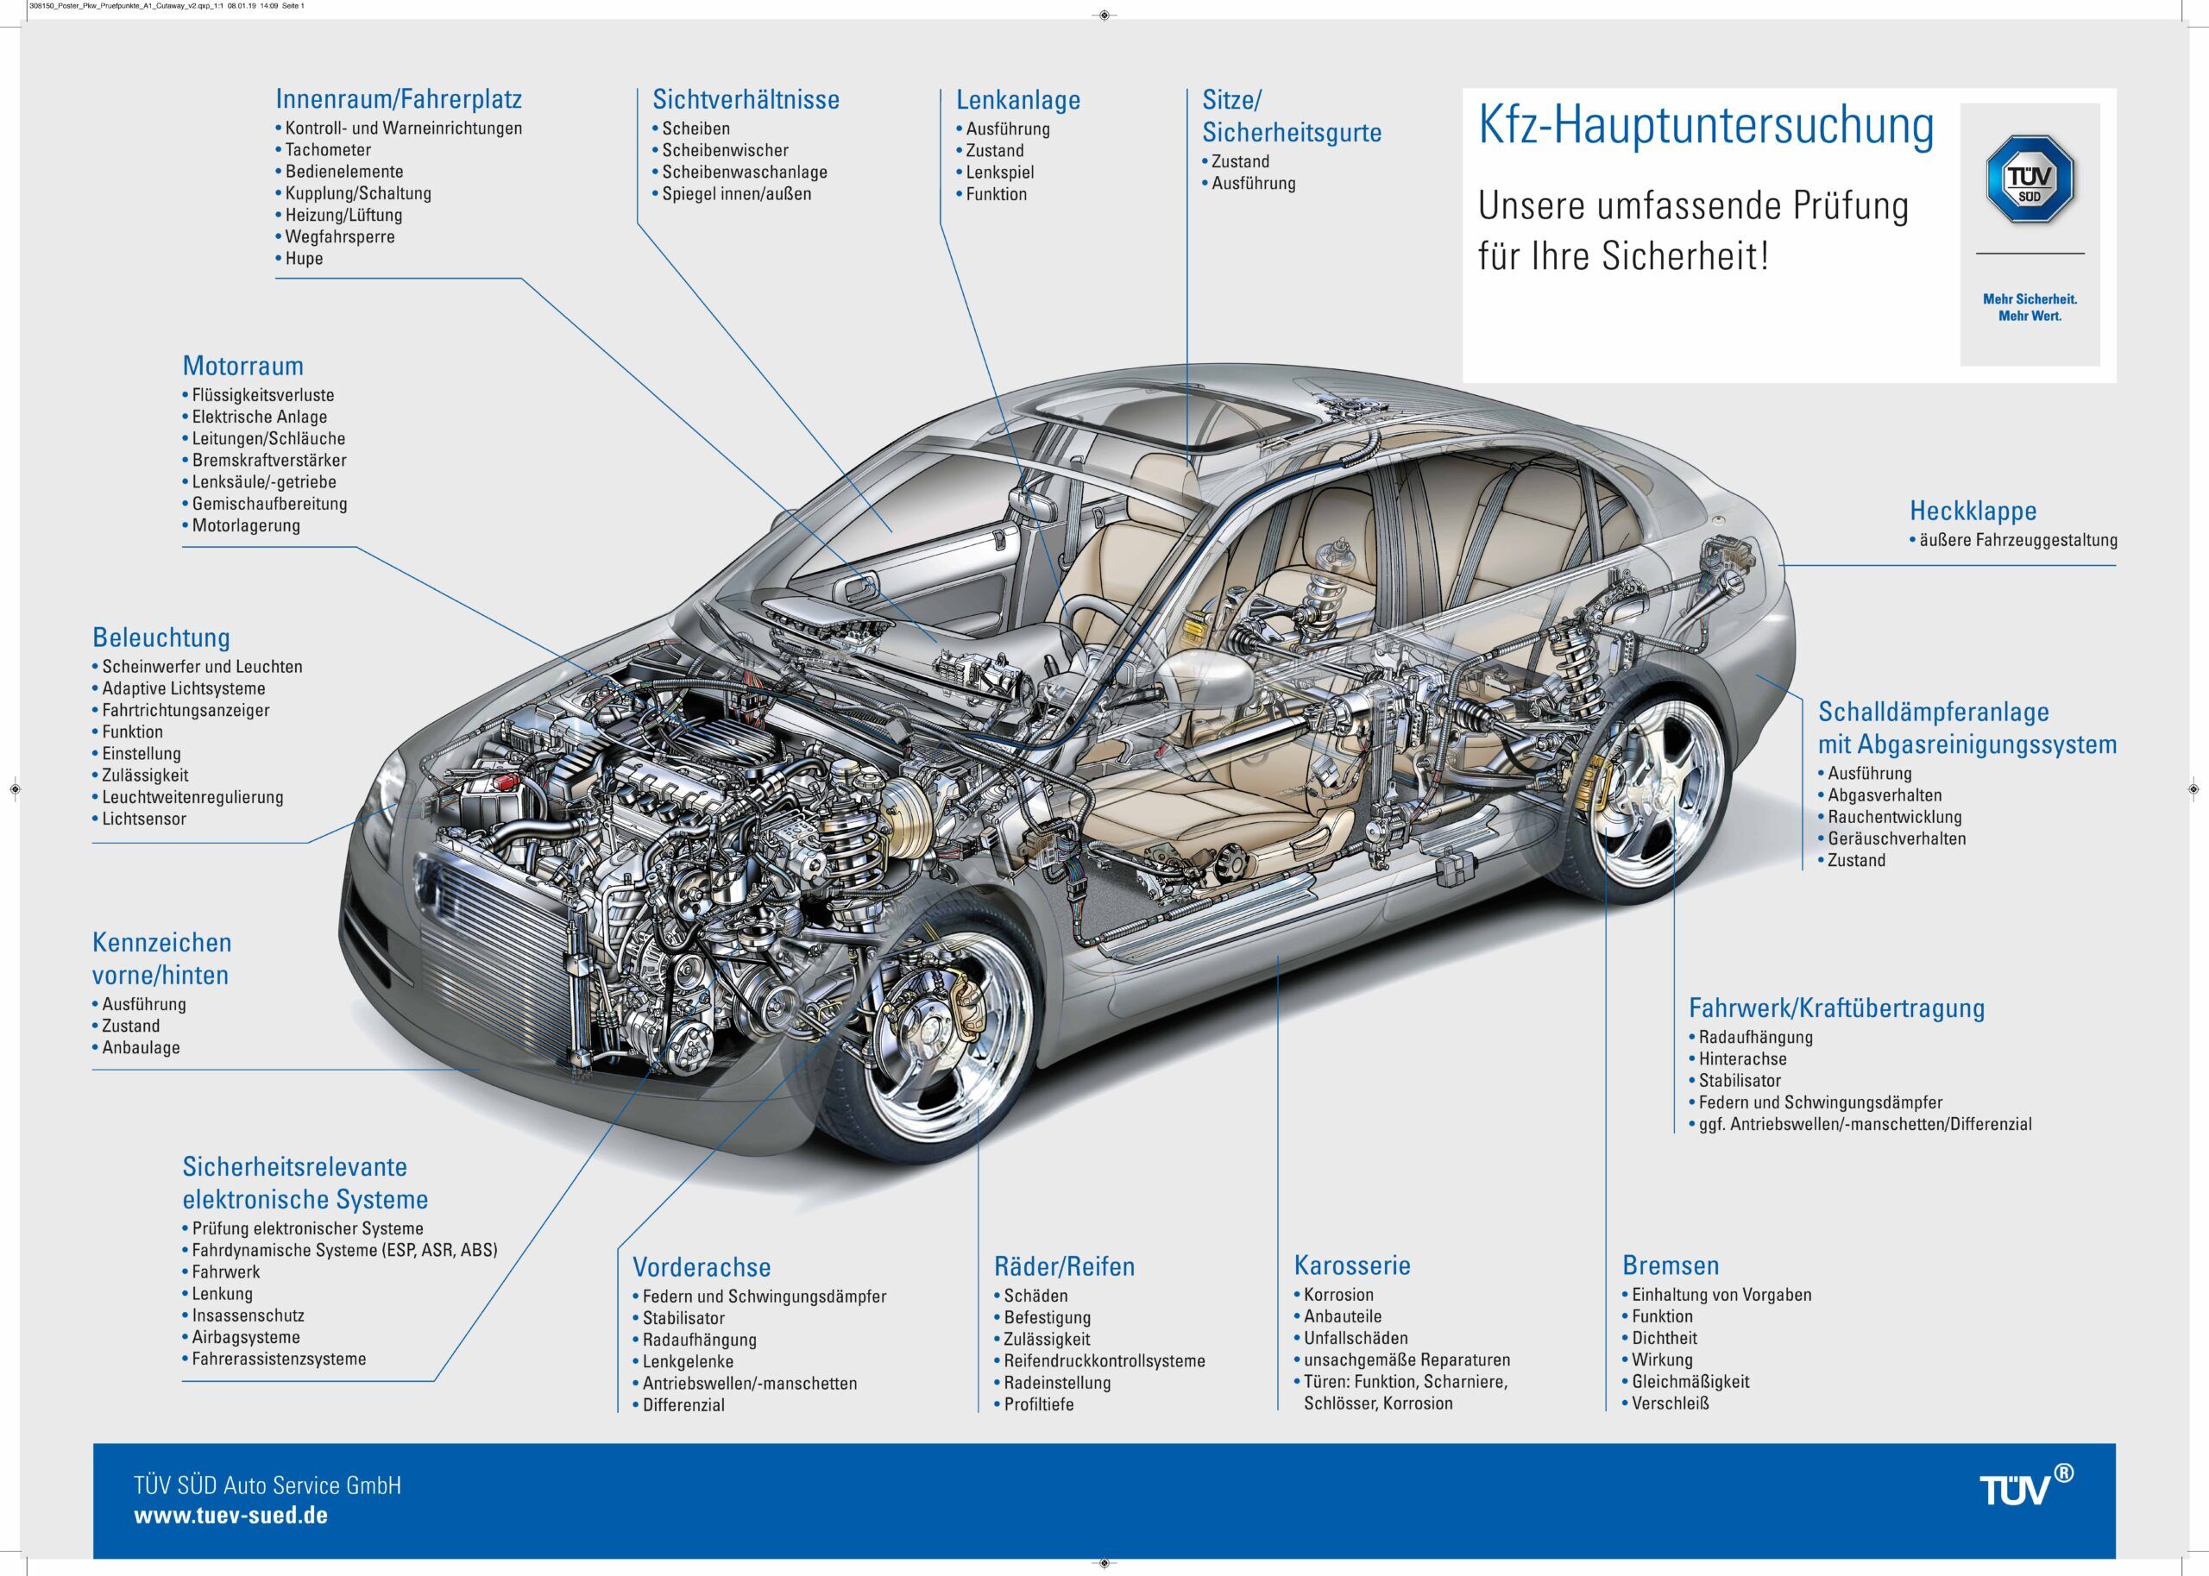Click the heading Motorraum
(x=242, y=366)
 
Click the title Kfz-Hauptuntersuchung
(x=1705, y=127)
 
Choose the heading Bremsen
(x=1671, y=1265)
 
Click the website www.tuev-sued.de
(x=231, y=1515)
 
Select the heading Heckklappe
(x=1973, y=511)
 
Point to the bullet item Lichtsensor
(x=143, y=818)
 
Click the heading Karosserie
(x=1352, y=1265)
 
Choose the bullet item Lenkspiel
(x=1000, y=172)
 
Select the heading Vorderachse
(x=702, y=1266)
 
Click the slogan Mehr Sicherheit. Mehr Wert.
(x=2030, y=308)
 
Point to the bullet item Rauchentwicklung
(x=1895, y=817)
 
